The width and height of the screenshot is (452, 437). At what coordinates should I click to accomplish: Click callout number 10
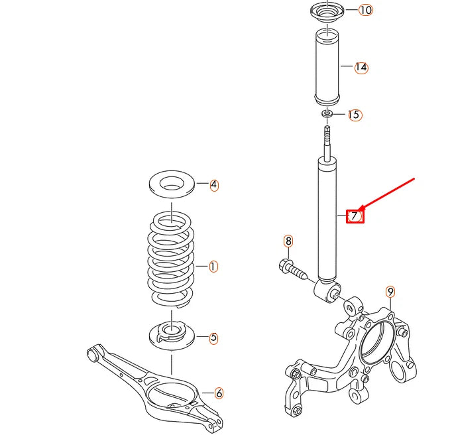point(366,10)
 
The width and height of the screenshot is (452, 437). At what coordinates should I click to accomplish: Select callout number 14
point(361,67)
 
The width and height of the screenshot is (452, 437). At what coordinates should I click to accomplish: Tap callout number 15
point(355,115)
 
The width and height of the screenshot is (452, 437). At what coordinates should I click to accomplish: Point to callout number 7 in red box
point(355,216)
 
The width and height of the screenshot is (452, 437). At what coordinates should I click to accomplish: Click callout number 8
point(288,241)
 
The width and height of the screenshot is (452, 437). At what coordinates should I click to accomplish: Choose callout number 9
point(390,291)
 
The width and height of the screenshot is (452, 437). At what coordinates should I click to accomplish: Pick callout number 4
point(214,185)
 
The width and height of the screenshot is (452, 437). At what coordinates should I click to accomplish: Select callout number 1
point(213,267)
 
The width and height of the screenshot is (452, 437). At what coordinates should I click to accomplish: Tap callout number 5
point(213,338)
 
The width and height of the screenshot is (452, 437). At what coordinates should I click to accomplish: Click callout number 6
point(219,393)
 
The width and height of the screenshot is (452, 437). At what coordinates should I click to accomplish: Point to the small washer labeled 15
point(327,115)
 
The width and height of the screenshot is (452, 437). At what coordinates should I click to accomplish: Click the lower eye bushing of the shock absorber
point(332,290)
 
